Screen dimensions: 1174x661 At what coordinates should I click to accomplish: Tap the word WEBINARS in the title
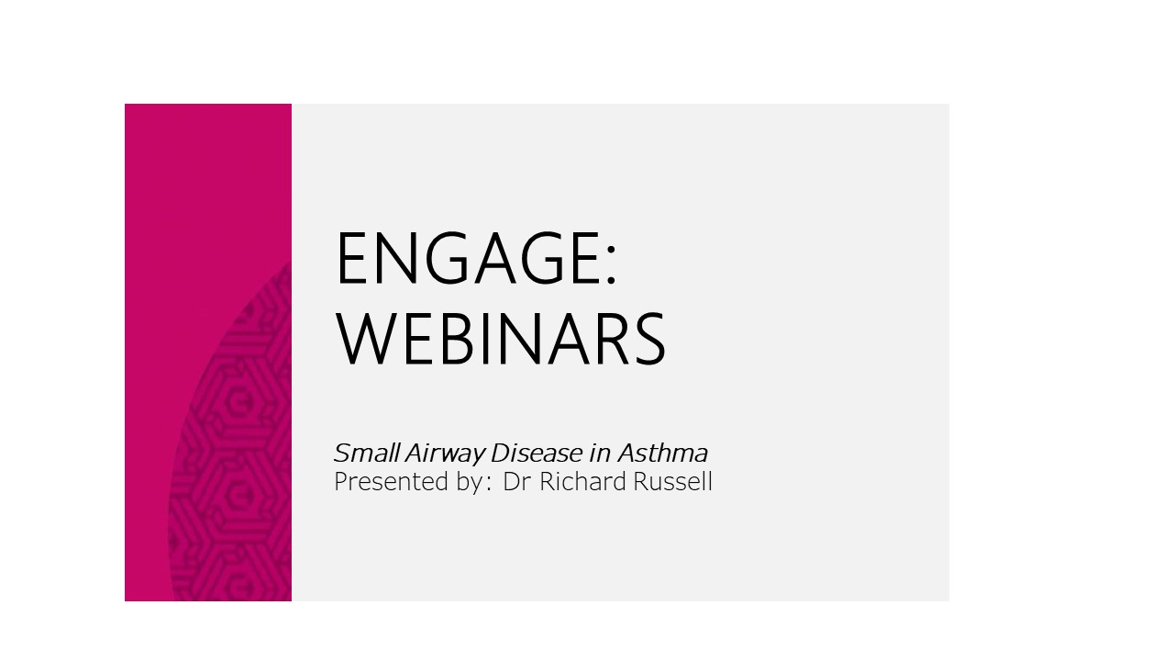(x=501, y=339)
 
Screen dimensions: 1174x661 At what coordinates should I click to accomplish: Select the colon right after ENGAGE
(x=611, y=266)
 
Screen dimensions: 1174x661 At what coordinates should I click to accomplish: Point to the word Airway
(x=445, y=454)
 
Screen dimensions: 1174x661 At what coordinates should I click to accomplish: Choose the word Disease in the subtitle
(x=537, y=453)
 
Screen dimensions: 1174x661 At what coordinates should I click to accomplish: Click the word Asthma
(x=662, y=453)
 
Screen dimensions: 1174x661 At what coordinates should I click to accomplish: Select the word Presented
(x=391, y=482)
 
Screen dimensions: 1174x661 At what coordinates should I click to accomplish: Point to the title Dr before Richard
(x=517, y=482)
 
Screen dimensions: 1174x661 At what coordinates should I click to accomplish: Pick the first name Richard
(x=582, y=482)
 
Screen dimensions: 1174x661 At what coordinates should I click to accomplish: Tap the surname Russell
(x=672, y=482)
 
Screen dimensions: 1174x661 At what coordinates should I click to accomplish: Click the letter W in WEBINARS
(x=366, y=339)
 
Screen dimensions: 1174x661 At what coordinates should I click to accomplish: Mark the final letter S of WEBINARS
(x=650, y=339)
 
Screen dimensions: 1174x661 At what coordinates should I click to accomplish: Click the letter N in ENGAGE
(x=397, y=258)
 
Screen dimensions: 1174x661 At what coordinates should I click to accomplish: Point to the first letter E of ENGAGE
(x=352, y=258)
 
